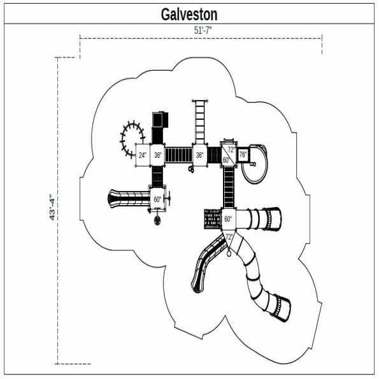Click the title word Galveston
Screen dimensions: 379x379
click(189, 14)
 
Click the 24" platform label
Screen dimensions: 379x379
click(143, 155)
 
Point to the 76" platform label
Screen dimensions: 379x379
click(243, 155)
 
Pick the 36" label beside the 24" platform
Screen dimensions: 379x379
click(157, 155)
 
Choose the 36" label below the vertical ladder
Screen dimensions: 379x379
click(199, 155)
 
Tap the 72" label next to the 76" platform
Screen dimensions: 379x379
click(231, 150)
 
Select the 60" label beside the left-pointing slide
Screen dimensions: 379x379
click(157, 199)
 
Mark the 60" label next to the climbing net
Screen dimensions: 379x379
click(228, 219)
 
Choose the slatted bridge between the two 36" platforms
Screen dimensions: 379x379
click(178, 155)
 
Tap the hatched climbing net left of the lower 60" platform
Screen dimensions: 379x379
click(211, 219)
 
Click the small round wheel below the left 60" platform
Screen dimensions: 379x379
click(157, 221)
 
